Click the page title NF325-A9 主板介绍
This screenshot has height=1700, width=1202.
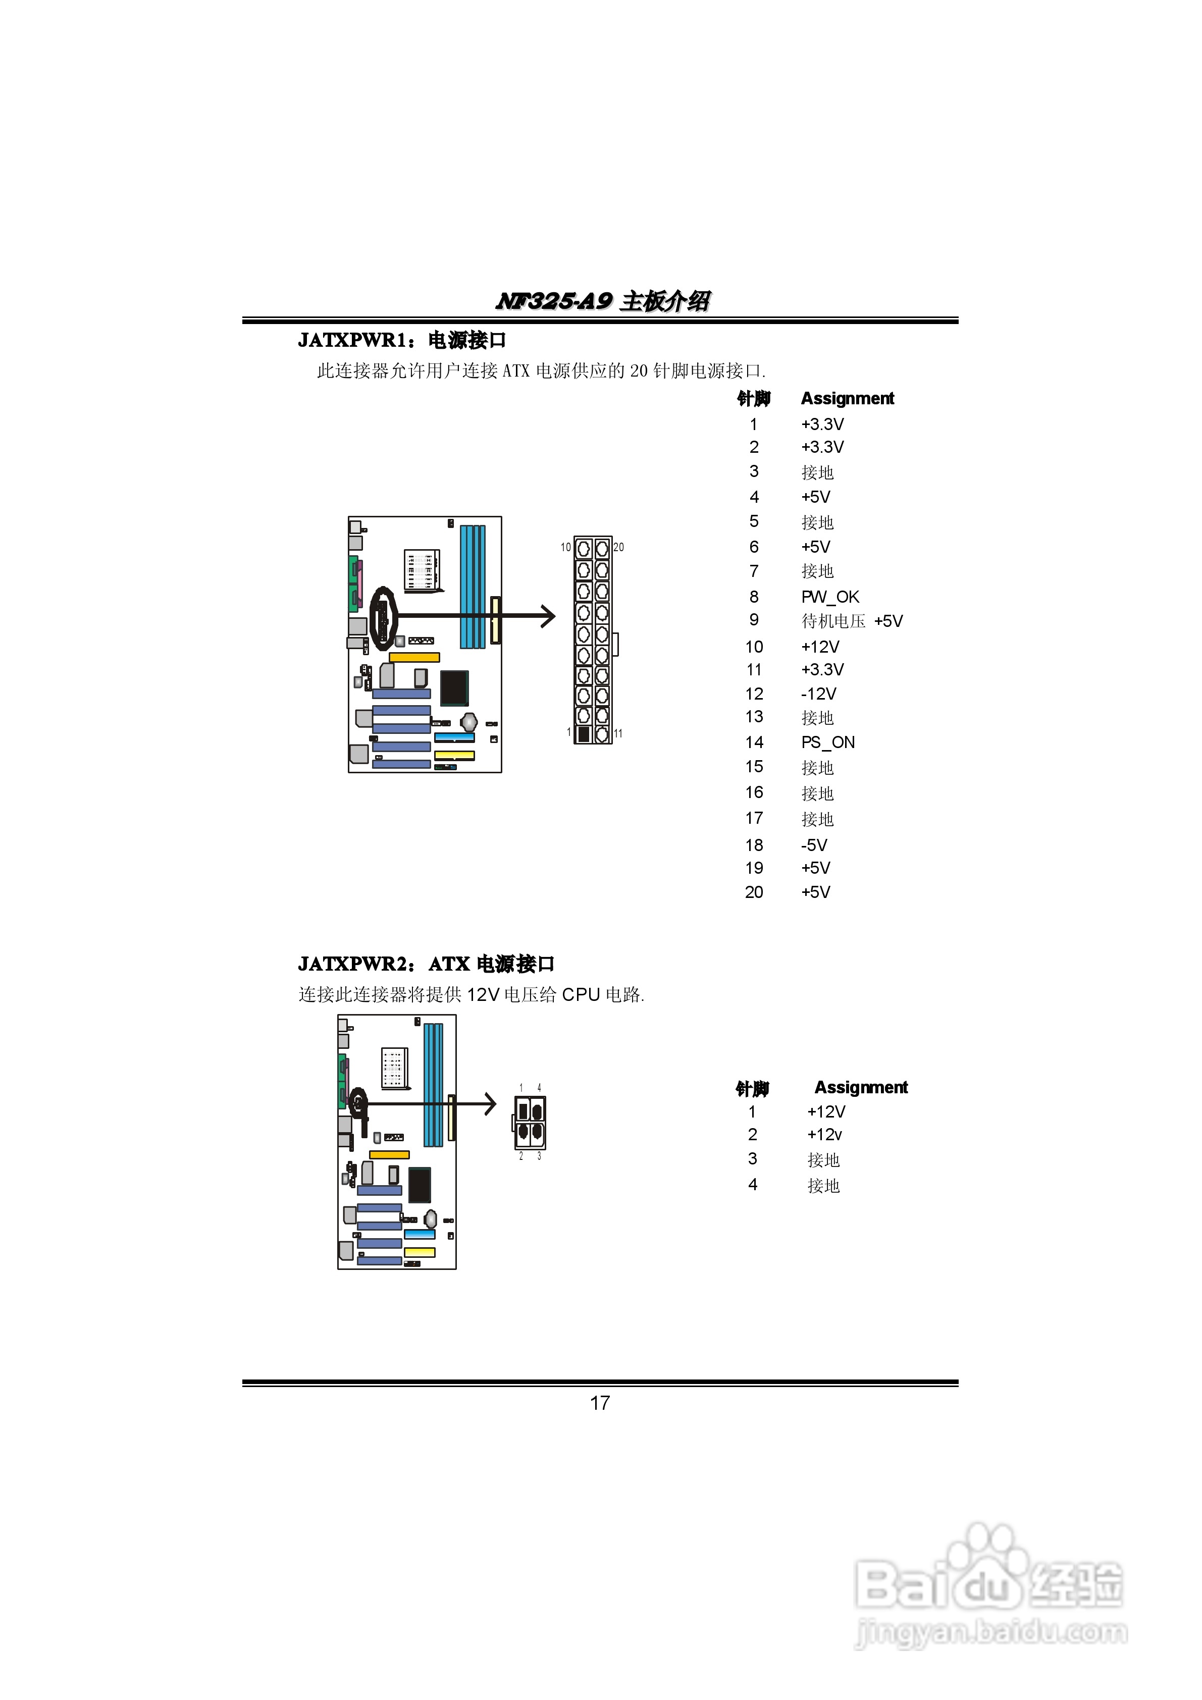(603, 301)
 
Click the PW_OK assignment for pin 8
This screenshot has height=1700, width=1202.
(829, 597)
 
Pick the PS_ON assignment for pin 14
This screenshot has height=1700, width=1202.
(827, 742)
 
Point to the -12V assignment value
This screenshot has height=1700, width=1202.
(818, 694)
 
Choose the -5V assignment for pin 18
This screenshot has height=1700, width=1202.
(814, 845)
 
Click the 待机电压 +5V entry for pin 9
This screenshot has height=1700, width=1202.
(852, 621)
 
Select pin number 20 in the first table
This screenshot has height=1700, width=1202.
(754, 892)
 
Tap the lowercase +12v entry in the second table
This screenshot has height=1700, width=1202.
(824, 1134)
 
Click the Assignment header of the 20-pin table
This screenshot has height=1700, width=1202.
(847, 398)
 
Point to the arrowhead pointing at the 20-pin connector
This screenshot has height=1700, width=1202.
(548, 615)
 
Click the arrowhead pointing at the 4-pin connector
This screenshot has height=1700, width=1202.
(490, 1103)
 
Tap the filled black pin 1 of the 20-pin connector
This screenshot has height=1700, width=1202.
(583, 734)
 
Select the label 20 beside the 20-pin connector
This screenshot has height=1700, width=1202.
(618, 547)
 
